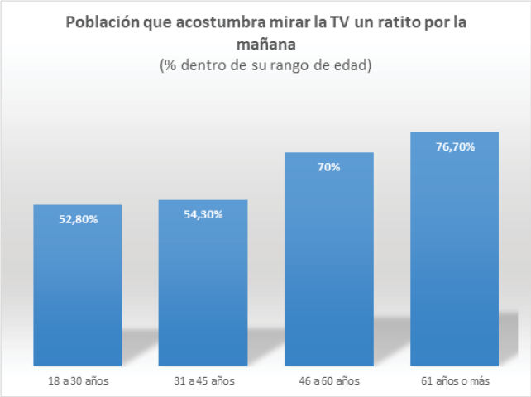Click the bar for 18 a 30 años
(x=78, y=289)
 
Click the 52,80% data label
(x=78, y=219)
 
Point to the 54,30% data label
(x=203, y=214)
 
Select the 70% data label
(x=329, y=167)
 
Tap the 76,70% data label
(x=455, y=146)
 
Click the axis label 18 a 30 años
(x=78, y=381)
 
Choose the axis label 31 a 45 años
(x=203, y=381)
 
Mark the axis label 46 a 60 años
(x=329, y=381)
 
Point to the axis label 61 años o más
(x=455, y=381)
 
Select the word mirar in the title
(x=286, y=22)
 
